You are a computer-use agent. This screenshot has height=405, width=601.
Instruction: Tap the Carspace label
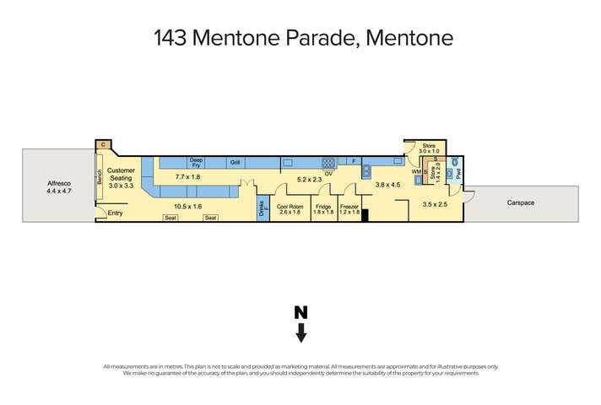[522, 203]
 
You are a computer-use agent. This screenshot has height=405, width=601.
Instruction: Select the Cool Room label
[289, 206]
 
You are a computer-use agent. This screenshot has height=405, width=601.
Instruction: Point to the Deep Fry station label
[196, 161]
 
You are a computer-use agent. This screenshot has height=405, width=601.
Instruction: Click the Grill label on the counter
[236, 161]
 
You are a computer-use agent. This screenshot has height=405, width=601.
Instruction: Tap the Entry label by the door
[116, 213]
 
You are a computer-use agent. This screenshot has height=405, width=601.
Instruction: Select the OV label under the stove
[328, 172]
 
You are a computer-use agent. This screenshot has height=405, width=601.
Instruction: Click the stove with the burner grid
[328, 161]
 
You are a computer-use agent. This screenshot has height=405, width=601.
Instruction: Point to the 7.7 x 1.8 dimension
[188, 177]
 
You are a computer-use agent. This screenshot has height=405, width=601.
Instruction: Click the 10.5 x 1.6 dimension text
[188, 205]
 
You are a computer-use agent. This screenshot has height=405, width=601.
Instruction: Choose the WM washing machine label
[415, 172]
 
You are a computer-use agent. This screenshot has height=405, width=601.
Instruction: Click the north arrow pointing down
[300, 325]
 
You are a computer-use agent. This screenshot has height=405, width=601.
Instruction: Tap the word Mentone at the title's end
[408, 38]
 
